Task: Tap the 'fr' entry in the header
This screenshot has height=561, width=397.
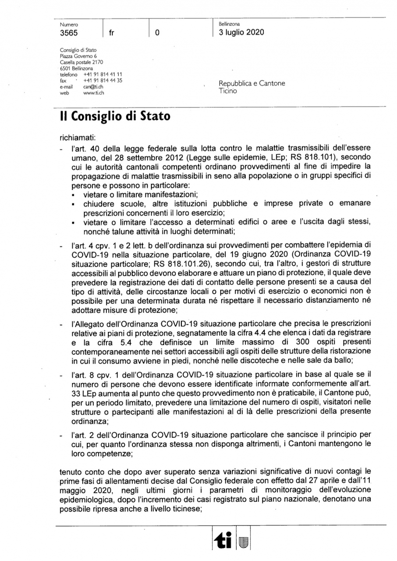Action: click(x=111, y=33)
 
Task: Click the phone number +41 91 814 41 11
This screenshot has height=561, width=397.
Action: click(x=103, y=75)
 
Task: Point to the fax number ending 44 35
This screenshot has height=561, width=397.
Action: click(x=103, y=81)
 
